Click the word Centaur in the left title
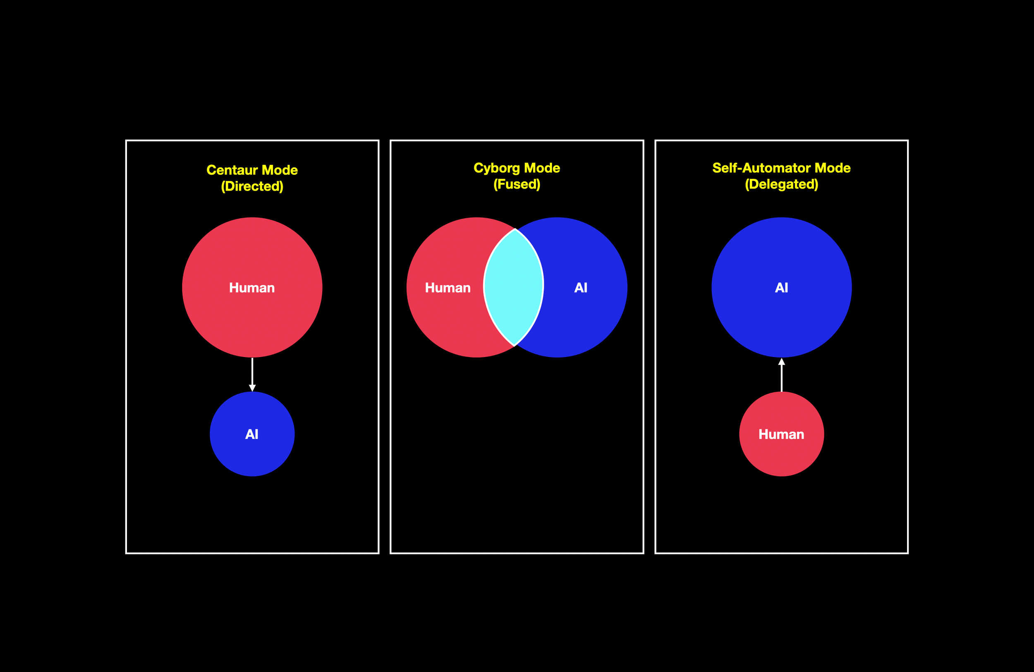coord(232,170)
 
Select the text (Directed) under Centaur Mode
coord(252,186)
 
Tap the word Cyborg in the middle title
coord(497,168)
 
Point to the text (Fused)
coord(517,184)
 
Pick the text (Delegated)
coord(781,184)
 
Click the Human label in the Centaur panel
coord(252,288)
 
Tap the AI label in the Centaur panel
coord(252,434)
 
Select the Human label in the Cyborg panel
coord(448,288)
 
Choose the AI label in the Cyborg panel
coord(580,287)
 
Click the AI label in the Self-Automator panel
coord(781,287)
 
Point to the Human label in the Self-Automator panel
coord(781,434)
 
